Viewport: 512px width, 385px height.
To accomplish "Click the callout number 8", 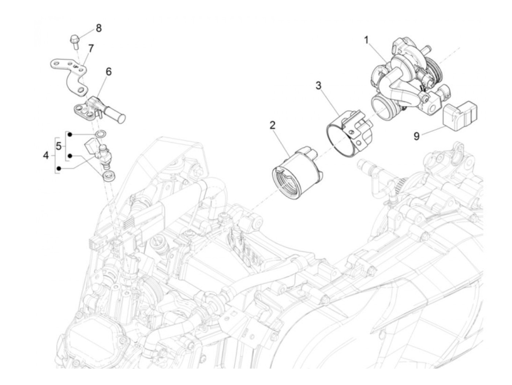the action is pyautogui.click(x=99, y=28).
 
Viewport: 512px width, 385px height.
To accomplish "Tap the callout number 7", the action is pyautogui.click(x=91, y=48).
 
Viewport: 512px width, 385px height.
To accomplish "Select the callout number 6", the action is pyautogui.click(x=109, y=72).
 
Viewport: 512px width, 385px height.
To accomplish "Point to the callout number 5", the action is pyautogui.click(x=59, y=146).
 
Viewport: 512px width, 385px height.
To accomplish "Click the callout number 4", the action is pyautogui.click(x=46, y=155).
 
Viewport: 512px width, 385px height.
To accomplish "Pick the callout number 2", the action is pyautogui.click(x=272, y=125).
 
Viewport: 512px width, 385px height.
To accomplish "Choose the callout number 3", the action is pyautogui.click(x=319, y=86).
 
